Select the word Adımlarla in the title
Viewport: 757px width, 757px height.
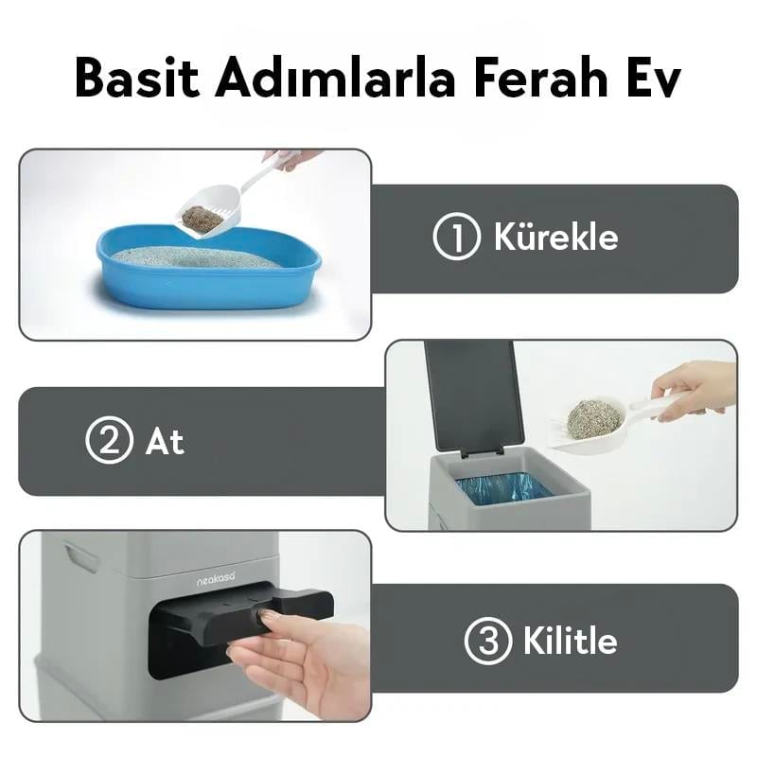click(331, 79)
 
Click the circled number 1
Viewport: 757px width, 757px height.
click(456, 238)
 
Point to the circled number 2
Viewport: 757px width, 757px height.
click(109, 441)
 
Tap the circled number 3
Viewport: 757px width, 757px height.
click(487, 643)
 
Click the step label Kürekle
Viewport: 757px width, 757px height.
click(555, 238)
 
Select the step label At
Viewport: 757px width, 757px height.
click(165, 442)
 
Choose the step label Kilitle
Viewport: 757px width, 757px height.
click(570, 643)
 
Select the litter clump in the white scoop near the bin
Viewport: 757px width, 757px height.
click(594, 418)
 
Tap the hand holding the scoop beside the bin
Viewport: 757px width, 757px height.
click(695, 388)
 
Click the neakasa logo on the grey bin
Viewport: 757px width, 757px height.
click(216, 579)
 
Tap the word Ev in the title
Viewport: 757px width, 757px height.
click(653, 79)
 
